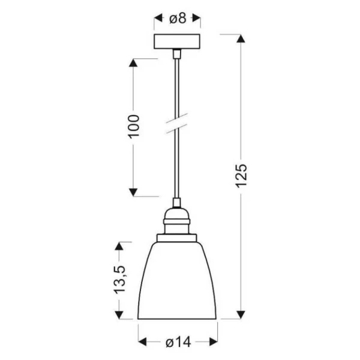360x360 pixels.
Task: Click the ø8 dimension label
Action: pyautogui.click(x=178, y=18)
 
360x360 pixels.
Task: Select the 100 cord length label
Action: pyautogui.click(x=134, y=126)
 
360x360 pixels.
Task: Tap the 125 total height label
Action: pyautogui.click(x=242, y=176)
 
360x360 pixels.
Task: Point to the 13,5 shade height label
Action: pyautogui.click(x=120, y=280)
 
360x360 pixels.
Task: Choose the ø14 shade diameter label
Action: pyautogui.click(x=178, y=343)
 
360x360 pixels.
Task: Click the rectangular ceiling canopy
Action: pyautogui.click(x=177, y=41)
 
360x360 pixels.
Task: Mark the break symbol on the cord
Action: pyautogui.click(x=177, y=123)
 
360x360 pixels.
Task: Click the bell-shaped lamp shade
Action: pyautogui.click(x=177, y=281)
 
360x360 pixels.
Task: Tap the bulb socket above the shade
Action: pyautogui.click(x=177, y=221)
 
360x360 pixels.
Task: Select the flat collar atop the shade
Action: pyautogui.click(x=177, y=238)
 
